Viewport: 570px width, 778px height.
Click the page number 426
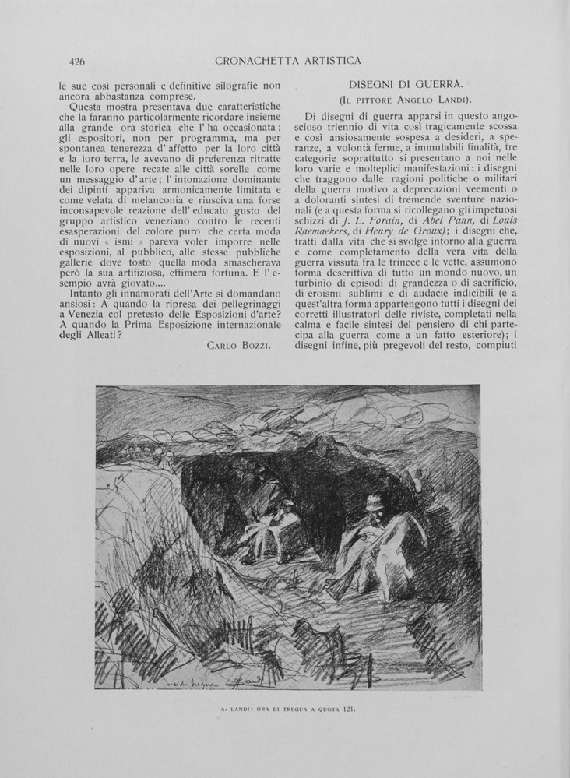click(x=76, y=62)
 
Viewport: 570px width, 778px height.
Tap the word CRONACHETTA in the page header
click(x=251, y=60)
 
